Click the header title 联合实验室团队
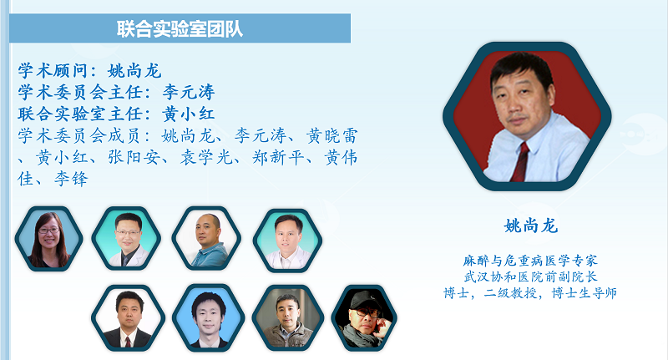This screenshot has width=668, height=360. pos(180,29)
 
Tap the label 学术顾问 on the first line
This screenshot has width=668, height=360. pos(53,71)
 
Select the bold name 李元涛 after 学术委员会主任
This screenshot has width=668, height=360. pos(189,92)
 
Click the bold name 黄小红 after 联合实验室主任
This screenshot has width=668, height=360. pos(188,114)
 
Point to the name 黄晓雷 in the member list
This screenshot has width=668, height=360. pos(331,136)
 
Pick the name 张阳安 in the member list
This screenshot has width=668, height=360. pos(134,157)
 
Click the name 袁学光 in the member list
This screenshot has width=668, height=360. pos(206,157)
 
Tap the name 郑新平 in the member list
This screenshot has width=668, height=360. pos(278,157)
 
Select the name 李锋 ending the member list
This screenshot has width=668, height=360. pos(71,179)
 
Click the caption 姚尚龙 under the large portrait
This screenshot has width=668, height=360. pos(531,226)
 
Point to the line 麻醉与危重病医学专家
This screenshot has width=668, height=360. pos(530,261)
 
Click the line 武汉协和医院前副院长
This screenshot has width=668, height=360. pos(530,276)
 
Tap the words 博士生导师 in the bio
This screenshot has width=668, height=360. pos(584,293)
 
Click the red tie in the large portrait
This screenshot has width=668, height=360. pos(520,162)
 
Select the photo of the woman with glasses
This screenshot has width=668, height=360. pos(49,239)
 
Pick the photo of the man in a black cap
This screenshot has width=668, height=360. pos(364,318)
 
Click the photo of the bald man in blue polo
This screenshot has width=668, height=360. pos(206,239)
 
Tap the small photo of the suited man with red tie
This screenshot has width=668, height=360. pos(128,318)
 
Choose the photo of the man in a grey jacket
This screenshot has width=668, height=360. pos(288,318)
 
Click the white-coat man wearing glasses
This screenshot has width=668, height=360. pos(127,239)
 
